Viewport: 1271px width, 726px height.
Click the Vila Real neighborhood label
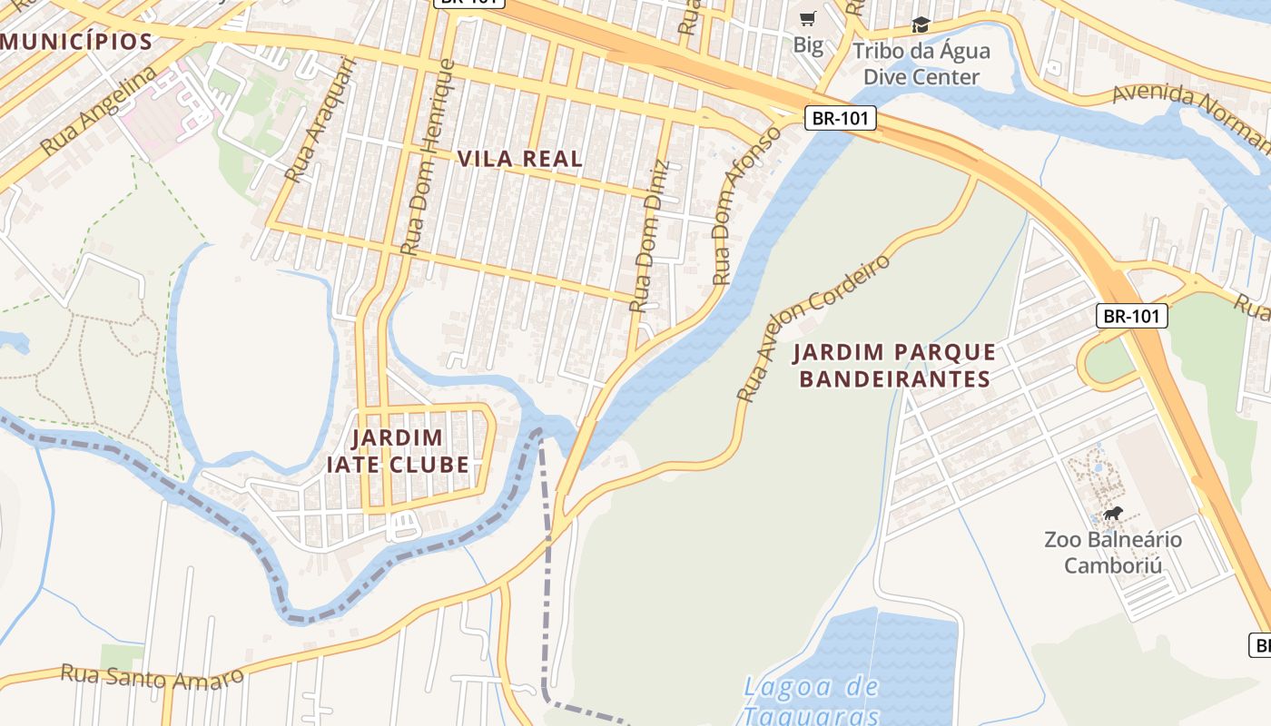click(519, 159)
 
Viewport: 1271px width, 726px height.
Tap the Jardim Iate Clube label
click(398, 452)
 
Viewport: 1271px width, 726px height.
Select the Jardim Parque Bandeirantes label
click(894, 365)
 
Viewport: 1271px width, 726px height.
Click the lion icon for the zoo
click(1112, 515)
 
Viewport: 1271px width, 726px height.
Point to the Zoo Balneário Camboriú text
click(1113, 553)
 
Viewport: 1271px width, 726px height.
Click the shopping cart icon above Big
click(807, 18)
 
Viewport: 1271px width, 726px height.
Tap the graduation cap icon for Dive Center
click(921, 25)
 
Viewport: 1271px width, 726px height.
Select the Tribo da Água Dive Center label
click(921, 64)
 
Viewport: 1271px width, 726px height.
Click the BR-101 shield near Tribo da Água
click(840, 117)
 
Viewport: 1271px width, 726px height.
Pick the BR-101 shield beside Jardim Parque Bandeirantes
click(1131, 316)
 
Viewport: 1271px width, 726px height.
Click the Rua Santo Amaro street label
click(153, 675)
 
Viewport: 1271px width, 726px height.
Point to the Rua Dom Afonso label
click(746, 206)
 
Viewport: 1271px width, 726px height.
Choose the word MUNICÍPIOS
click(76, 41)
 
